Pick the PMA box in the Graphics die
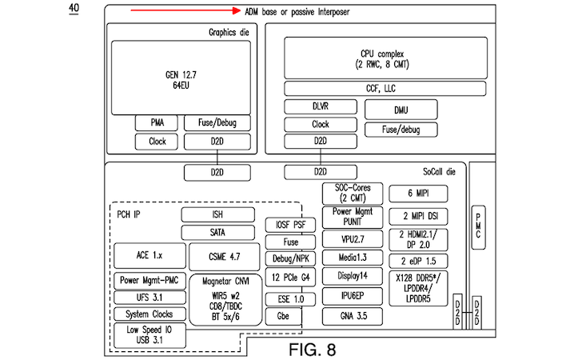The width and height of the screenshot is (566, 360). point(157,122)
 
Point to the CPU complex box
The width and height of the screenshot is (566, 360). point(385,58)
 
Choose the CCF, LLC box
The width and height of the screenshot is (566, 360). point(385,88)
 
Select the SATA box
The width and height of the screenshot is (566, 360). point(218,232)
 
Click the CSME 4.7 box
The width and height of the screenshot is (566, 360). point(222,256)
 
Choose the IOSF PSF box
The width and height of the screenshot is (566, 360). point(289,225)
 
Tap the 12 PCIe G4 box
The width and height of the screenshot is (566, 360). point(289,278)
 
